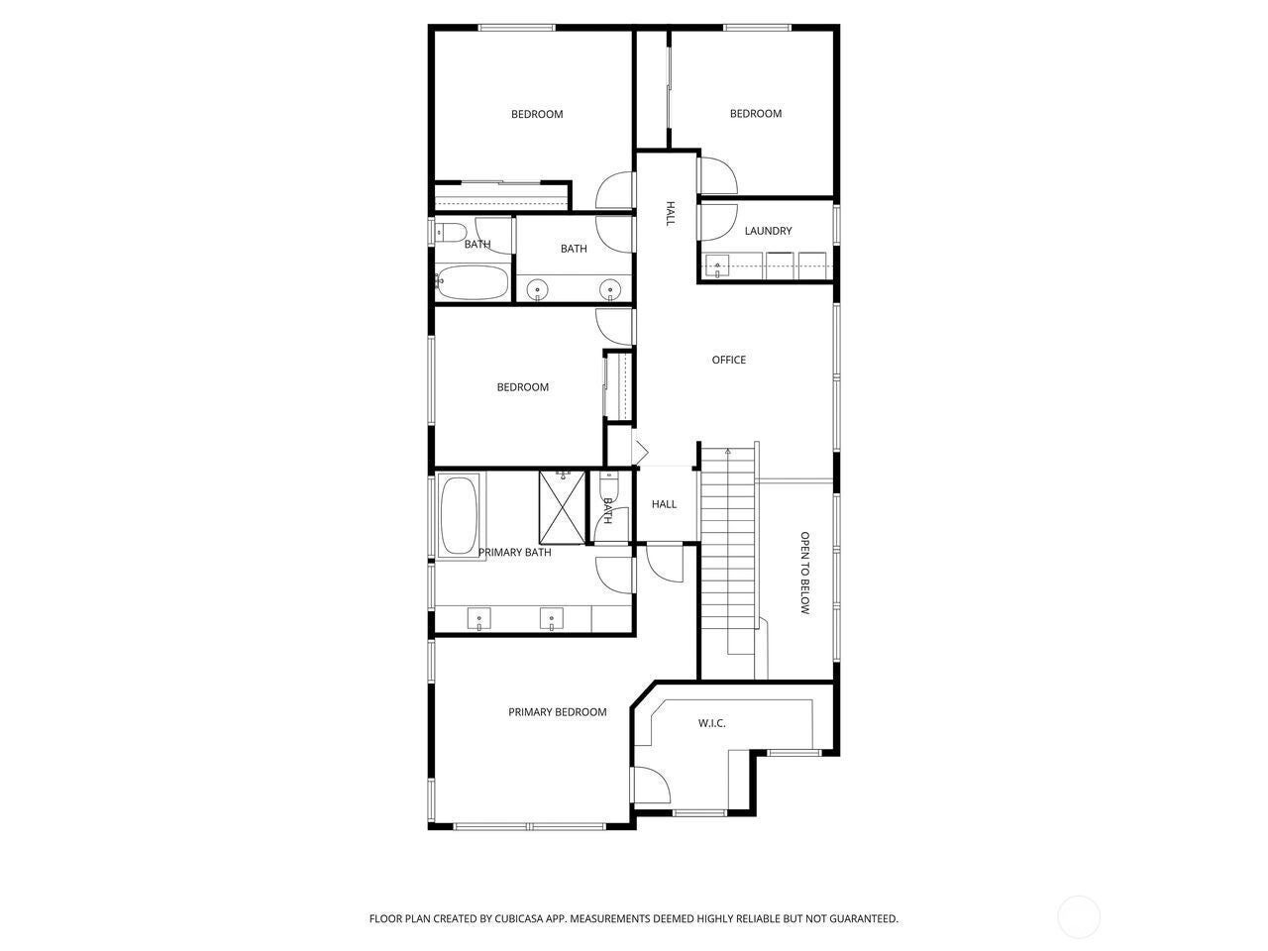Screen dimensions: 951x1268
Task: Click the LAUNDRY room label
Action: pos(768,231)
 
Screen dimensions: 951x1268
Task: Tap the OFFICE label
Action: pos(728,360)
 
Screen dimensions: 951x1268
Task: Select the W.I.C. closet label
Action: pos(711,723)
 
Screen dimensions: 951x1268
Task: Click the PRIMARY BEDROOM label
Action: pos(557,712)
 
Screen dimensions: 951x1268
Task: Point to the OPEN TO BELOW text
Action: pos(805,574)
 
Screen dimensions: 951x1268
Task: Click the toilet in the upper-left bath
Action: pos(451,234)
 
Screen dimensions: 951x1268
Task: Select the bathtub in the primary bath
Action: pos(458,516)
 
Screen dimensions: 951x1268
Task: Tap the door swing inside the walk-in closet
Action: pos(651,788)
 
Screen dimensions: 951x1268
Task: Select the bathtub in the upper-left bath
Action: pos(473,282)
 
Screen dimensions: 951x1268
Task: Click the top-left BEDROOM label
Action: pos(537,114)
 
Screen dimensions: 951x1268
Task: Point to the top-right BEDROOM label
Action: pos(756,114)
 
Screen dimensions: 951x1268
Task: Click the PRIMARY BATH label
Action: pos(514,552)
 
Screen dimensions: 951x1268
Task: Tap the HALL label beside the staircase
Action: pos(664,504)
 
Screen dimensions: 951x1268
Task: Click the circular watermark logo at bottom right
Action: pos(1079,916)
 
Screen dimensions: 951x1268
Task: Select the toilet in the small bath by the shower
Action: pos(608,485)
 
